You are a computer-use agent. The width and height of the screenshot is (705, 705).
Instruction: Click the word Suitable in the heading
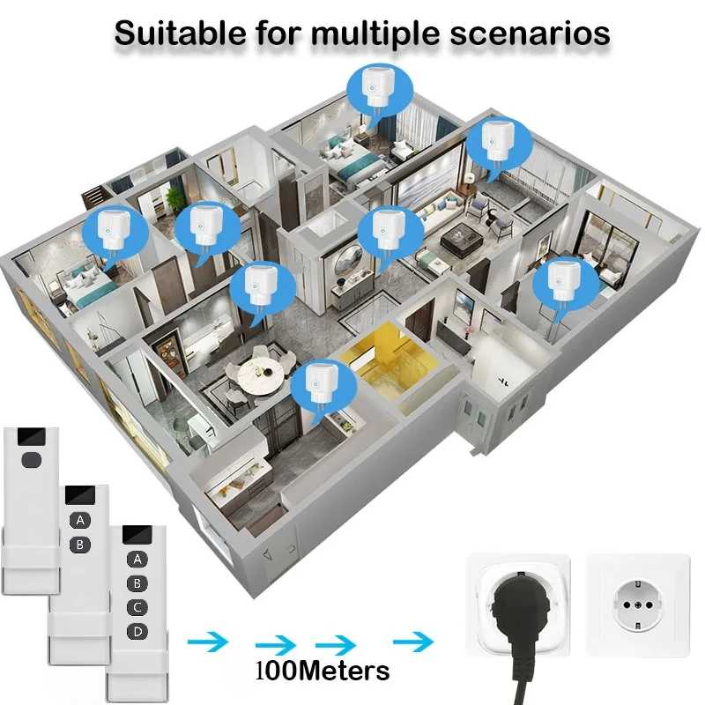tap(181, 33)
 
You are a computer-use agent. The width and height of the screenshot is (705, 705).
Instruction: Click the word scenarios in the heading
tap(530, 33)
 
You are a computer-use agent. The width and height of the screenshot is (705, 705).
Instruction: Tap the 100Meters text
tap(323, 672)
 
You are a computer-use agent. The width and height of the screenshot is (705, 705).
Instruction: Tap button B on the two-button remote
tap(80, 545)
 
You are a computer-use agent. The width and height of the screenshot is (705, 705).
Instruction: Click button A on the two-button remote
tap(80, 521)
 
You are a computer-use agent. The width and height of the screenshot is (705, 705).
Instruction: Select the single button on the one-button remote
tap(31, 459)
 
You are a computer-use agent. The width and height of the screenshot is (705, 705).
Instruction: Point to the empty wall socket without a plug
tap(638, 605)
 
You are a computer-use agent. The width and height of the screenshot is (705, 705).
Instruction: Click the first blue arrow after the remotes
tap(208, 642)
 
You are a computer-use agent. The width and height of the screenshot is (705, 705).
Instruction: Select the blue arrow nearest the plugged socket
tap(413, 642)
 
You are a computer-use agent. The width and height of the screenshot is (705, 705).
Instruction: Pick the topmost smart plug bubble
tap(380, 92)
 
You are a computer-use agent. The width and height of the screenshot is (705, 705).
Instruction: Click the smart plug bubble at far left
tap(116, 234)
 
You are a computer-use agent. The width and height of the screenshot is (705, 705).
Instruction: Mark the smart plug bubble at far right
tap(566, 286)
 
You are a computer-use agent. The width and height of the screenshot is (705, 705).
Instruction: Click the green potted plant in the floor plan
tap(173, 197)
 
